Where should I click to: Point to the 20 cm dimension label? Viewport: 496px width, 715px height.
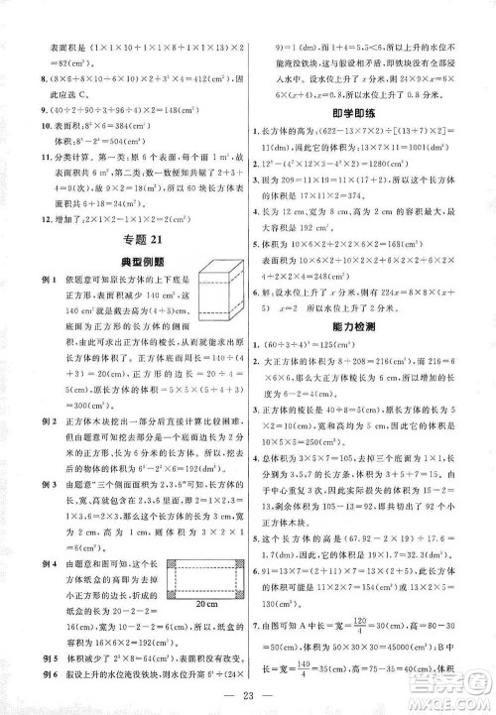(206, 605)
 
